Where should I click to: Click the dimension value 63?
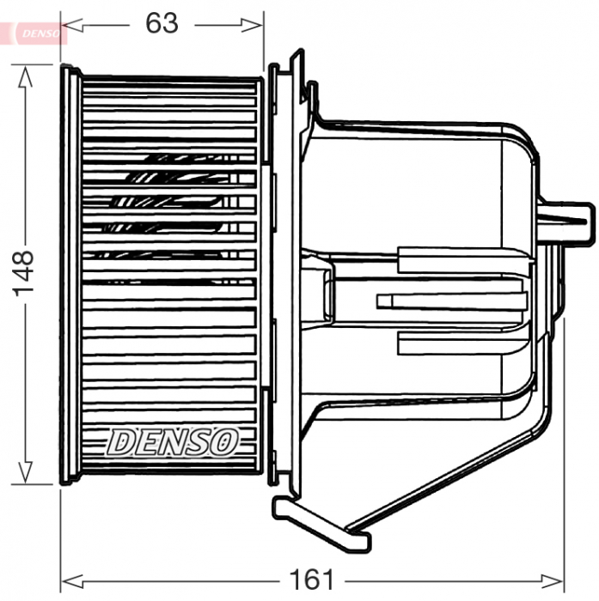click(162, 23)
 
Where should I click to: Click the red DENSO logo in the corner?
click(34, 32)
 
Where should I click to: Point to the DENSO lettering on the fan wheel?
click(172, 441)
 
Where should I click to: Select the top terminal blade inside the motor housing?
click(464, 260)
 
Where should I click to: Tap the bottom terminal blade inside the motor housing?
click(464, 343)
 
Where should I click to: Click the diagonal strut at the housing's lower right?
click(447, 477)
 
